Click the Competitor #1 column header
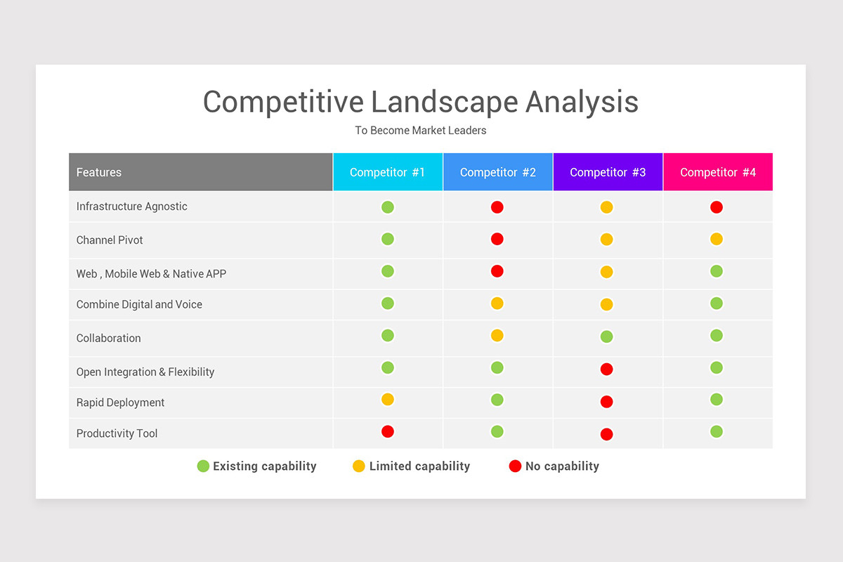point(388,172)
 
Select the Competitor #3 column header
point(608,172)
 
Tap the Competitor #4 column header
point(718,172)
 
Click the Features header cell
point(99,172)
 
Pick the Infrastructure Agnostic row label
point(132,207)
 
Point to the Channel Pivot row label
point(110,240)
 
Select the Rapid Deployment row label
point(120,403)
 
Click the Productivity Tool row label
point(117,433)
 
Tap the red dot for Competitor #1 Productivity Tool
point(388,431)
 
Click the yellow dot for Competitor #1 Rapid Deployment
point(388,400)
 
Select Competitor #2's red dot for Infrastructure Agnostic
point(497,207)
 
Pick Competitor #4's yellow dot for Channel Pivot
point(717,239)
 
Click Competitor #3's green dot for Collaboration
point(607,337)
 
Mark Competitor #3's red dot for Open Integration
point(607,370)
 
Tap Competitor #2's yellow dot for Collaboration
point(497,336)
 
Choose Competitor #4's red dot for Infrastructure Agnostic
point(717,207)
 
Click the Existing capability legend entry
point(257,466)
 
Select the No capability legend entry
point(554,466)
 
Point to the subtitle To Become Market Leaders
point(421,131)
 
